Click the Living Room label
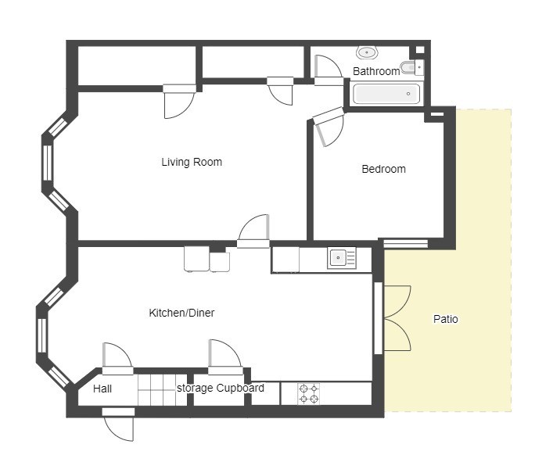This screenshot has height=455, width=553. tap(192, 162)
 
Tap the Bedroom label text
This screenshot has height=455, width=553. tap(384, 169)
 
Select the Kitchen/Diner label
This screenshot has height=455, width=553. tap(181, 313)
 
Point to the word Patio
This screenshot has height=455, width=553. tap(445, 319)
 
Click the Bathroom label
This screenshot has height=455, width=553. tap(376, 72)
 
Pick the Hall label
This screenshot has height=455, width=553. tap(102, 389)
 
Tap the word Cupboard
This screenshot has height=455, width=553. tap(240, 388)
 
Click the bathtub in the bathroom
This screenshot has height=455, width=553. tap(386, 94)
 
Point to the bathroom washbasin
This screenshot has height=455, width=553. tap(367, 53)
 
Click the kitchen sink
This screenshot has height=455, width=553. tap(341, 258)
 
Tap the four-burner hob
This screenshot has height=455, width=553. tap(309, 394)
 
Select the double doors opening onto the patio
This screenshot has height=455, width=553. tap(397, 318)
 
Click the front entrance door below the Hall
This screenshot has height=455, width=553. tap(119, 424)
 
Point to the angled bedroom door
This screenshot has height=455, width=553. tap(327, 126)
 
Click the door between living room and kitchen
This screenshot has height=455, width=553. tap(253, 231)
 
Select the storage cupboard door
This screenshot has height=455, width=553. tap(225, 356)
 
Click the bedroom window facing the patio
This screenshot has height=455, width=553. tap(406, 243)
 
